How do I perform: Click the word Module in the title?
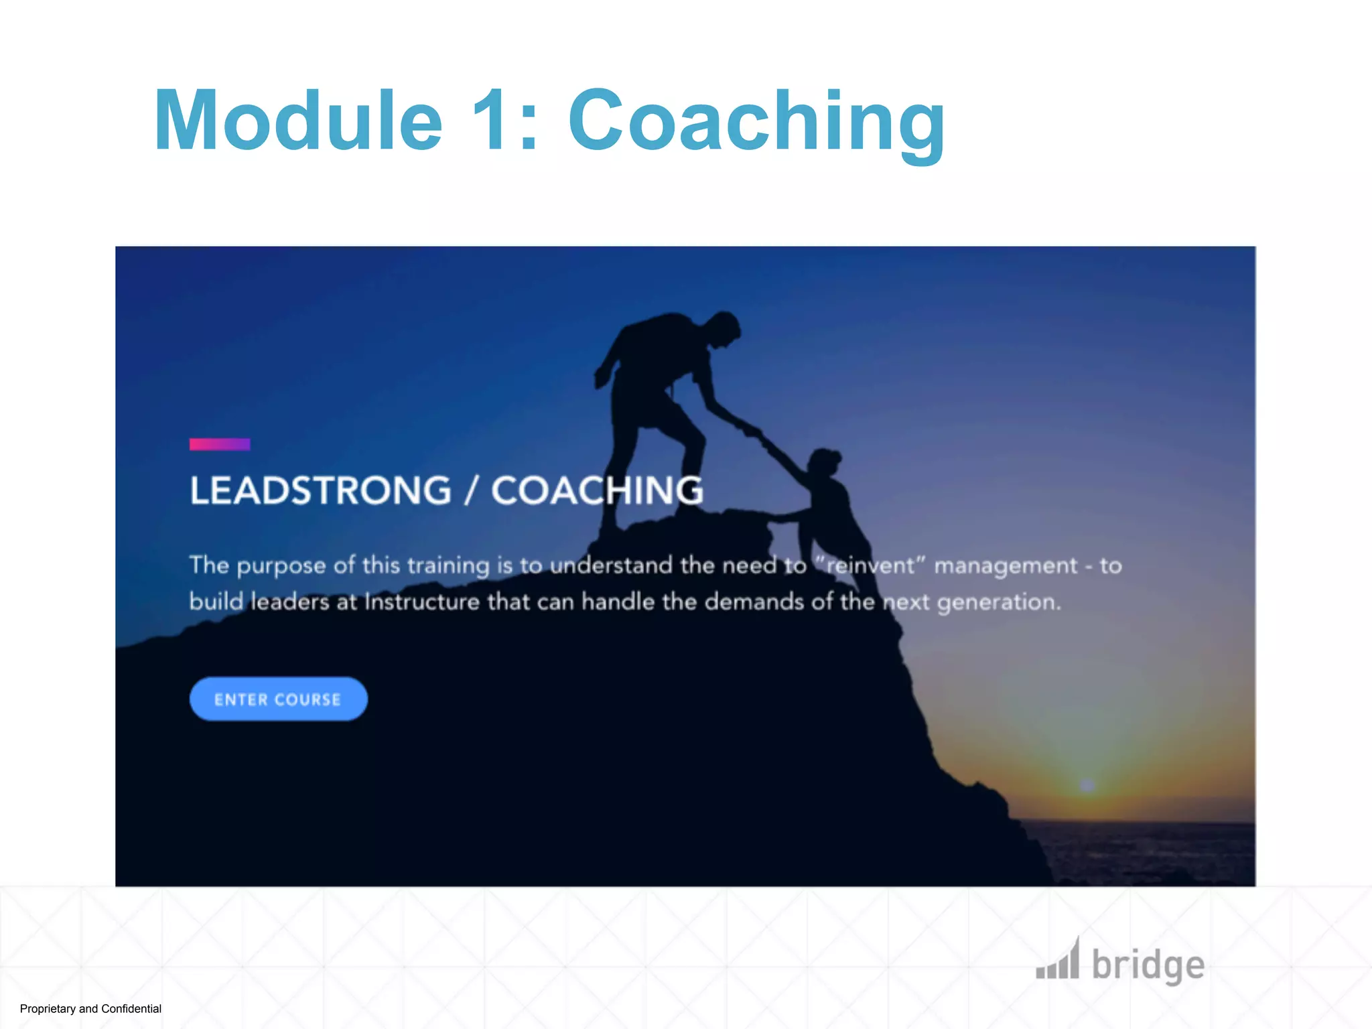(298, 121)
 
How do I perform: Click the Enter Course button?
(278, 699)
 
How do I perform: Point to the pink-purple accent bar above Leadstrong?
(220, 444)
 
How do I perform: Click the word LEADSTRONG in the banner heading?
(320, 490)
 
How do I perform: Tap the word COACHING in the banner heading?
(597, 490)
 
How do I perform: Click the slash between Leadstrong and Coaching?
(471, 490)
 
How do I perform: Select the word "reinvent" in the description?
(870, 565)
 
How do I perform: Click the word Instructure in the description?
(421, 602)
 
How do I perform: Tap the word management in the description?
(1006, 566)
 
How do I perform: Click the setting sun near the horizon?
(1087, 784)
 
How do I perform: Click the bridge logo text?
(1148, 965)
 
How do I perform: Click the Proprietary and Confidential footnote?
(90, 1009)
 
